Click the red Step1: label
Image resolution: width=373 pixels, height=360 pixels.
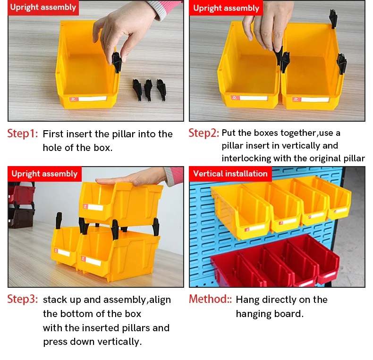tap(23, 134)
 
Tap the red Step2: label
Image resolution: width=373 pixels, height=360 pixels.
tap(203, 133)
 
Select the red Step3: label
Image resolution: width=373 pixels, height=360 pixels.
tap(23, 299)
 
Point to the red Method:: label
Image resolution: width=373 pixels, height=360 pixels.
tap(210, 299)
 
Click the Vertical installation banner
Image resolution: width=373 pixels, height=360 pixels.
tap(230, 174)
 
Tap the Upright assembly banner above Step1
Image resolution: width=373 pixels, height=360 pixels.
tap(43, 8)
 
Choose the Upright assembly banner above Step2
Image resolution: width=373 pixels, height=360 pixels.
tap(226, 8)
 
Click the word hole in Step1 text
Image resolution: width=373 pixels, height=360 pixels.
tap(52, 148)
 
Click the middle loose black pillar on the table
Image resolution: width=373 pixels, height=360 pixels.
tap(148, 89)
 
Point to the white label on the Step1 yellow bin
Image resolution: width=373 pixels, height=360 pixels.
tap(92, 99)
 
